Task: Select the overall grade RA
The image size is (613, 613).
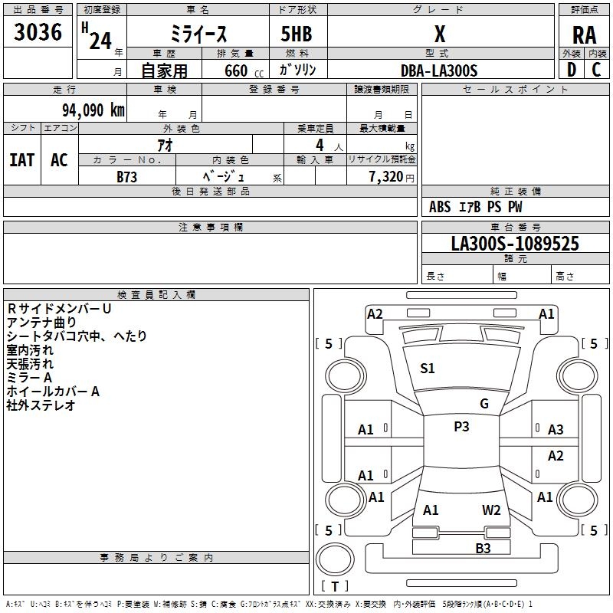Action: tap(584, 34)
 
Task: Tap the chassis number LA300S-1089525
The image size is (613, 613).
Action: tap(515, 244)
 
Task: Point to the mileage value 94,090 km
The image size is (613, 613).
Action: tap(88, 110)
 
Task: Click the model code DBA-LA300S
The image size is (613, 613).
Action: tap(439, 70)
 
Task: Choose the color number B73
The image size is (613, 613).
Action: tap(126, 176)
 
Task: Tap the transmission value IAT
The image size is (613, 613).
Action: tap(22, 160)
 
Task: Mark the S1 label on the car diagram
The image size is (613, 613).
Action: tap(428, 369)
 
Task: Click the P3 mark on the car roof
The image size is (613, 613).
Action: tap(461, 427)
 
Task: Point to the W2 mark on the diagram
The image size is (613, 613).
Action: tap(491, 510)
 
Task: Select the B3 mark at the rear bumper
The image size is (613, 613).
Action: tap(483, 548)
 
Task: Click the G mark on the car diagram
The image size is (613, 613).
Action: tap(484, 404)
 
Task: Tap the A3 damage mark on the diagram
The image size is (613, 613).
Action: tap(556, 430)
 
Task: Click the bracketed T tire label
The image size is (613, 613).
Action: tap(335, 586)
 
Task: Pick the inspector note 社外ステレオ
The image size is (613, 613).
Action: tap(41, 405)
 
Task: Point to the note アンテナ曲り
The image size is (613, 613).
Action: tap(41, 323)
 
